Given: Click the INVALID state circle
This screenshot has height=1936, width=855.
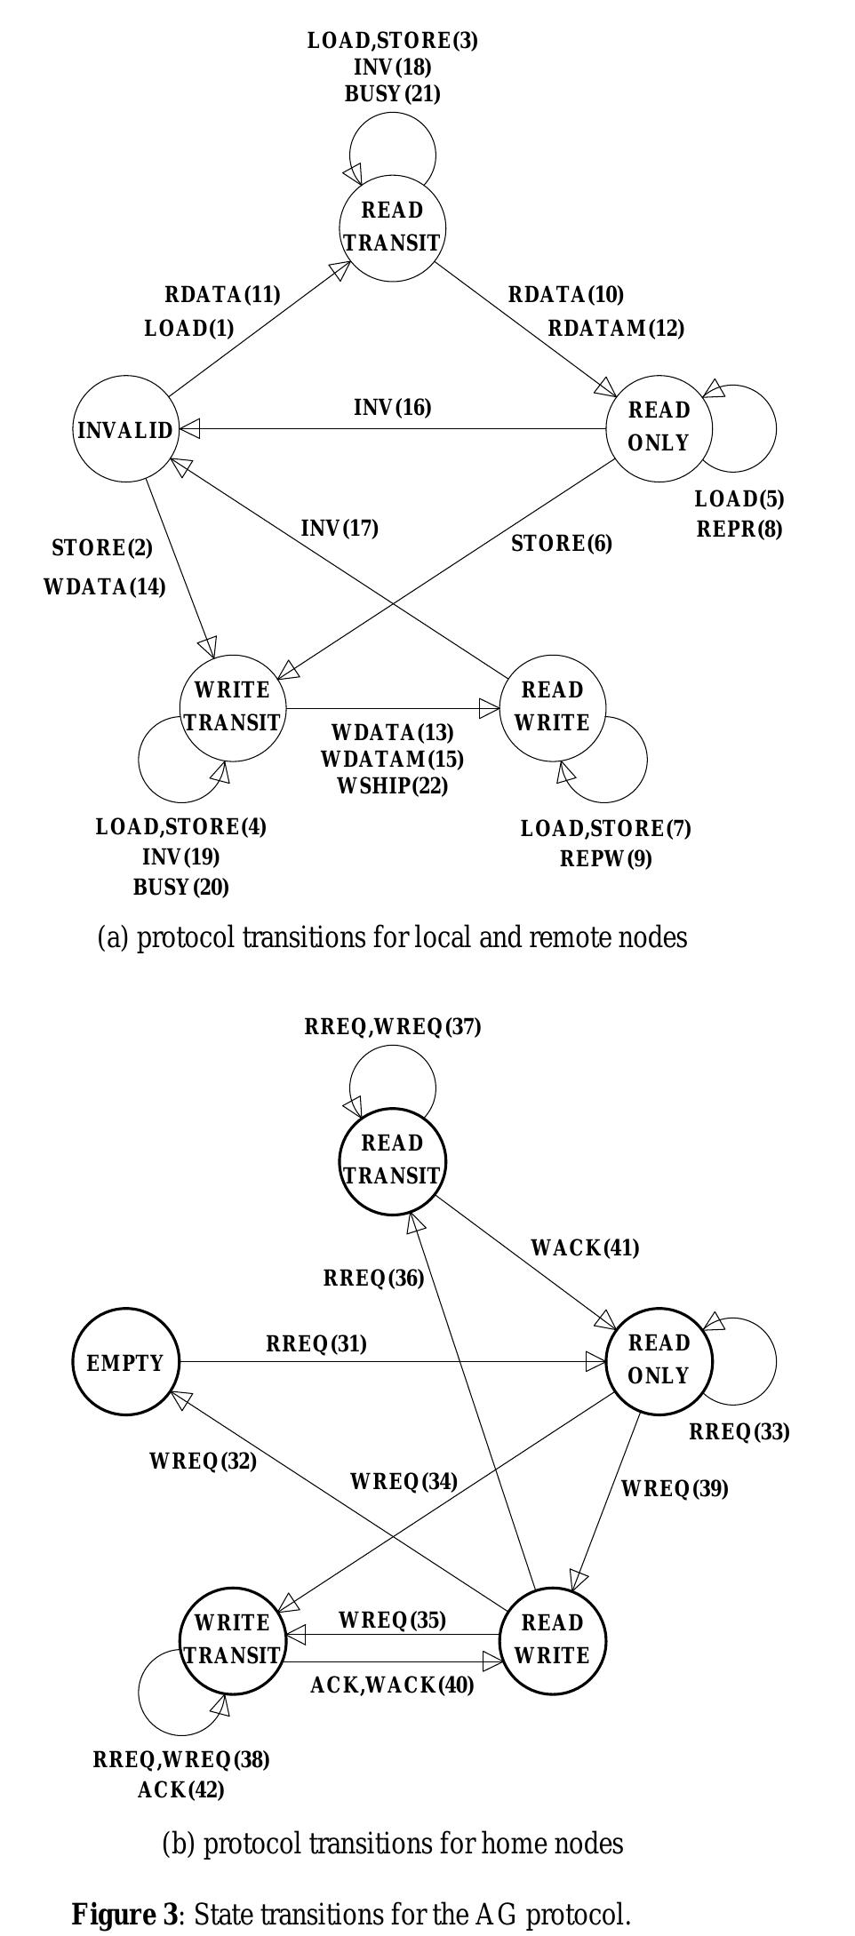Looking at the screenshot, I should pyautogui.click(x=125, y=430).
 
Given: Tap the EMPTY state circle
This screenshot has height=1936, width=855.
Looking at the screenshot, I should pyautogui.click(x=125, y=1362).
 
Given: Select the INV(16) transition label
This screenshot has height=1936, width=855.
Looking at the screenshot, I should pyautogui.click(x=392, y=408).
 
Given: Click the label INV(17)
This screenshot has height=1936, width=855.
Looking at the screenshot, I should pyautogui.click(x=340, y=529).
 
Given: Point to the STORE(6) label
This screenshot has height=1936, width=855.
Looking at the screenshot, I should pyautogui.click(x=562, y=543).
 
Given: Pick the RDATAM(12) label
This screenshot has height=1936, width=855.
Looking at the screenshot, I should pyautogui.click(x=616, y=329).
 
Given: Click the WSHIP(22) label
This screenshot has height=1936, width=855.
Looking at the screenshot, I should pyautogui.click(x=392, y=786).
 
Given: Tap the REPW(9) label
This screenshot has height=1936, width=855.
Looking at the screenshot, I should pyautogui.click(x=606, y=859).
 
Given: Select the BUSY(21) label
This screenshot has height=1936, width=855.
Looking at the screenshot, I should pyautogui.click(x=392, y=93).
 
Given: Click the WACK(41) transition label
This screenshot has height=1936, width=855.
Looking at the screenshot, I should pyautogui.click(x=585, y=1248).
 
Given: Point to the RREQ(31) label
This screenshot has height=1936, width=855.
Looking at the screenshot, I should pyautogui.click(x=316, y=1344).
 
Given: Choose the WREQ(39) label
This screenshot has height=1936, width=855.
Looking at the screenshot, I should pyautogui.click(x=674, y=1488).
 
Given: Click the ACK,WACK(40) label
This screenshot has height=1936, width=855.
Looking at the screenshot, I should pyautogui.click(x=392, y=1685).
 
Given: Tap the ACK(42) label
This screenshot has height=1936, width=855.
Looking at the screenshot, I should pyautogui.click(x=180, y=1789).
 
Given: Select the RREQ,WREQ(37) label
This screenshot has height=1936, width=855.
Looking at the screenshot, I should pyautogui.click(x=392, y=1027).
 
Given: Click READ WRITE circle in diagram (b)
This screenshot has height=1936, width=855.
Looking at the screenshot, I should pyautogui.click(x=552, y=1639).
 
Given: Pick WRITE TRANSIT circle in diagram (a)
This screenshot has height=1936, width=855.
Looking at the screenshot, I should pyautogui.click(x=232, y=707).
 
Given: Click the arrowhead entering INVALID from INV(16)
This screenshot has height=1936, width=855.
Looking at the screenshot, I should pyautogui.click(x=189, y=429).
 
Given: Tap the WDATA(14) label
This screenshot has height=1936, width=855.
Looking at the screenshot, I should pyautogui.click(x=104, y=587).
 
